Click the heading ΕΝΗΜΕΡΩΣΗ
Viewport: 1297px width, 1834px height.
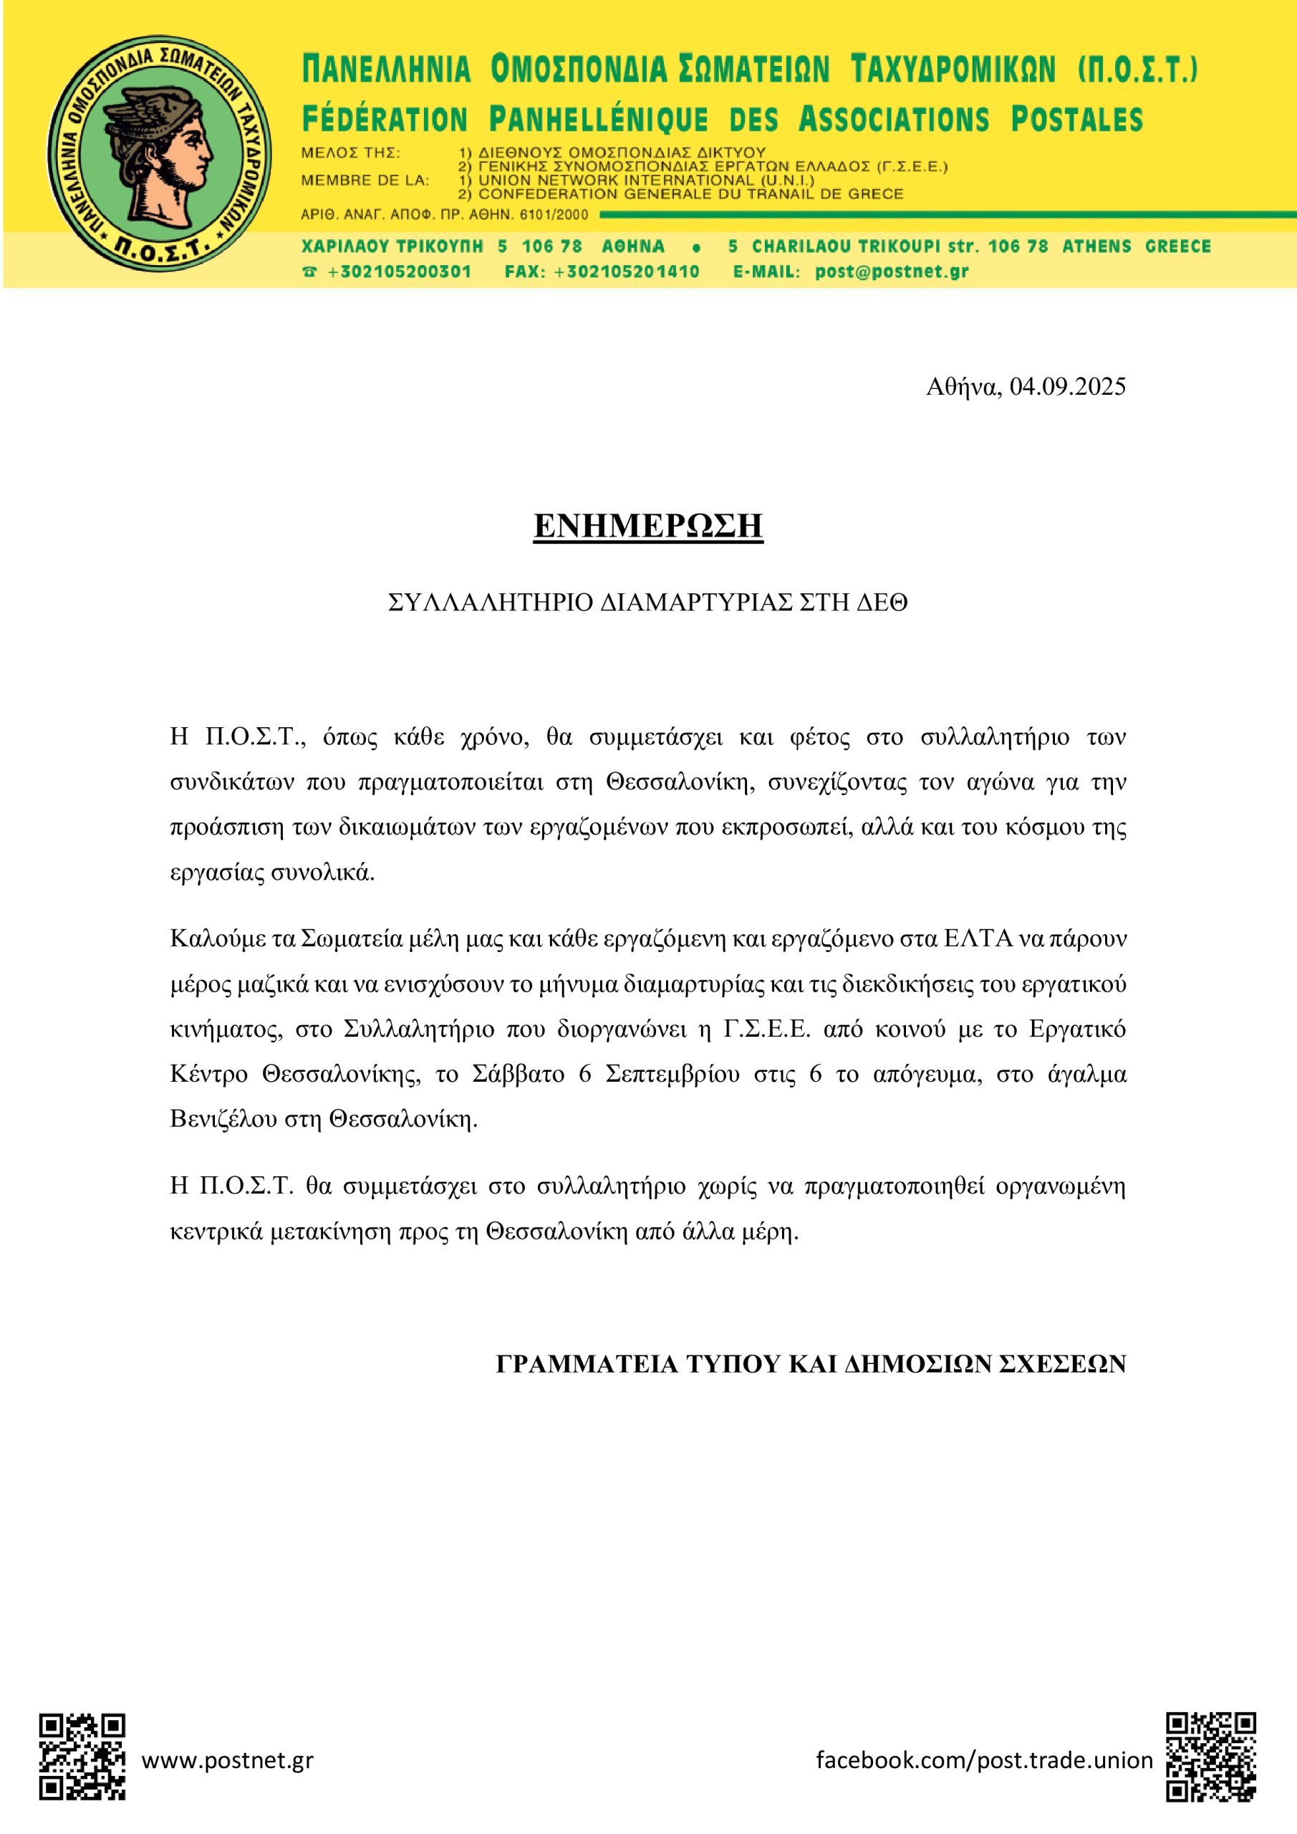649,527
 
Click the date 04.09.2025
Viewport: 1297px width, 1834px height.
1067,388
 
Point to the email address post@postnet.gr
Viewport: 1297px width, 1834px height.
892,272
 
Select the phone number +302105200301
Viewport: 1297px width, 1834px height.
398,272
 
